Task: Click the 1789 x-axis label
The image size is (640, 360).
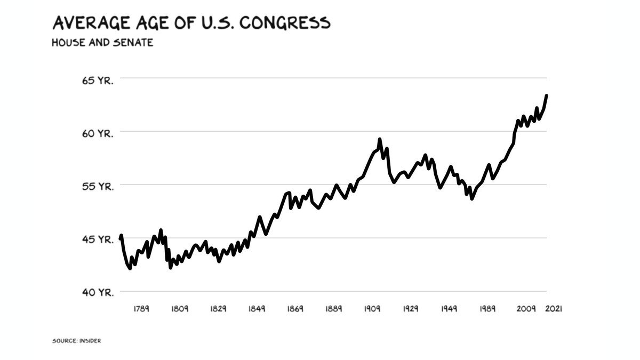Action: pyautogui.click(x=141, y=309)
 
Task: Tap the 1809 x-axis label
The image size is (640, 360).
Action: pyautogui.click(x=180, y=309)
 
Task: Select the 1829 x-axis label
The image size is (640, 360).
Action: pyautogui.click(x=218, y=309)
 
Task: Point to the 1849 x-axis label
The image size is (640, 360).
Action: pyautogui.click(x=257, y=309)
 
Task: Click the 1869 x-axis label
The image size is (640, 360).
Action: pyautogui.click(x=295, y=309)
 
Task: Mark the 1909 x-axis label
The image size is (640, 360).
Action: pyautogui.click(x=372, y=309)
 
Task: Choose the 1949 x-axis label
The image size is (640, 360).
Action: pyautogui.click(x=449, y=309)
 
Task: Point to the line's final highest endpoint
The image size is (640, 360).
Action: pyautogui.click(x=547, y=96)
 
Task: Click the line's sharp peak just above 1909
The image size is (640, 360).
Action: pyautogui.click(x=380, y=140)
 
